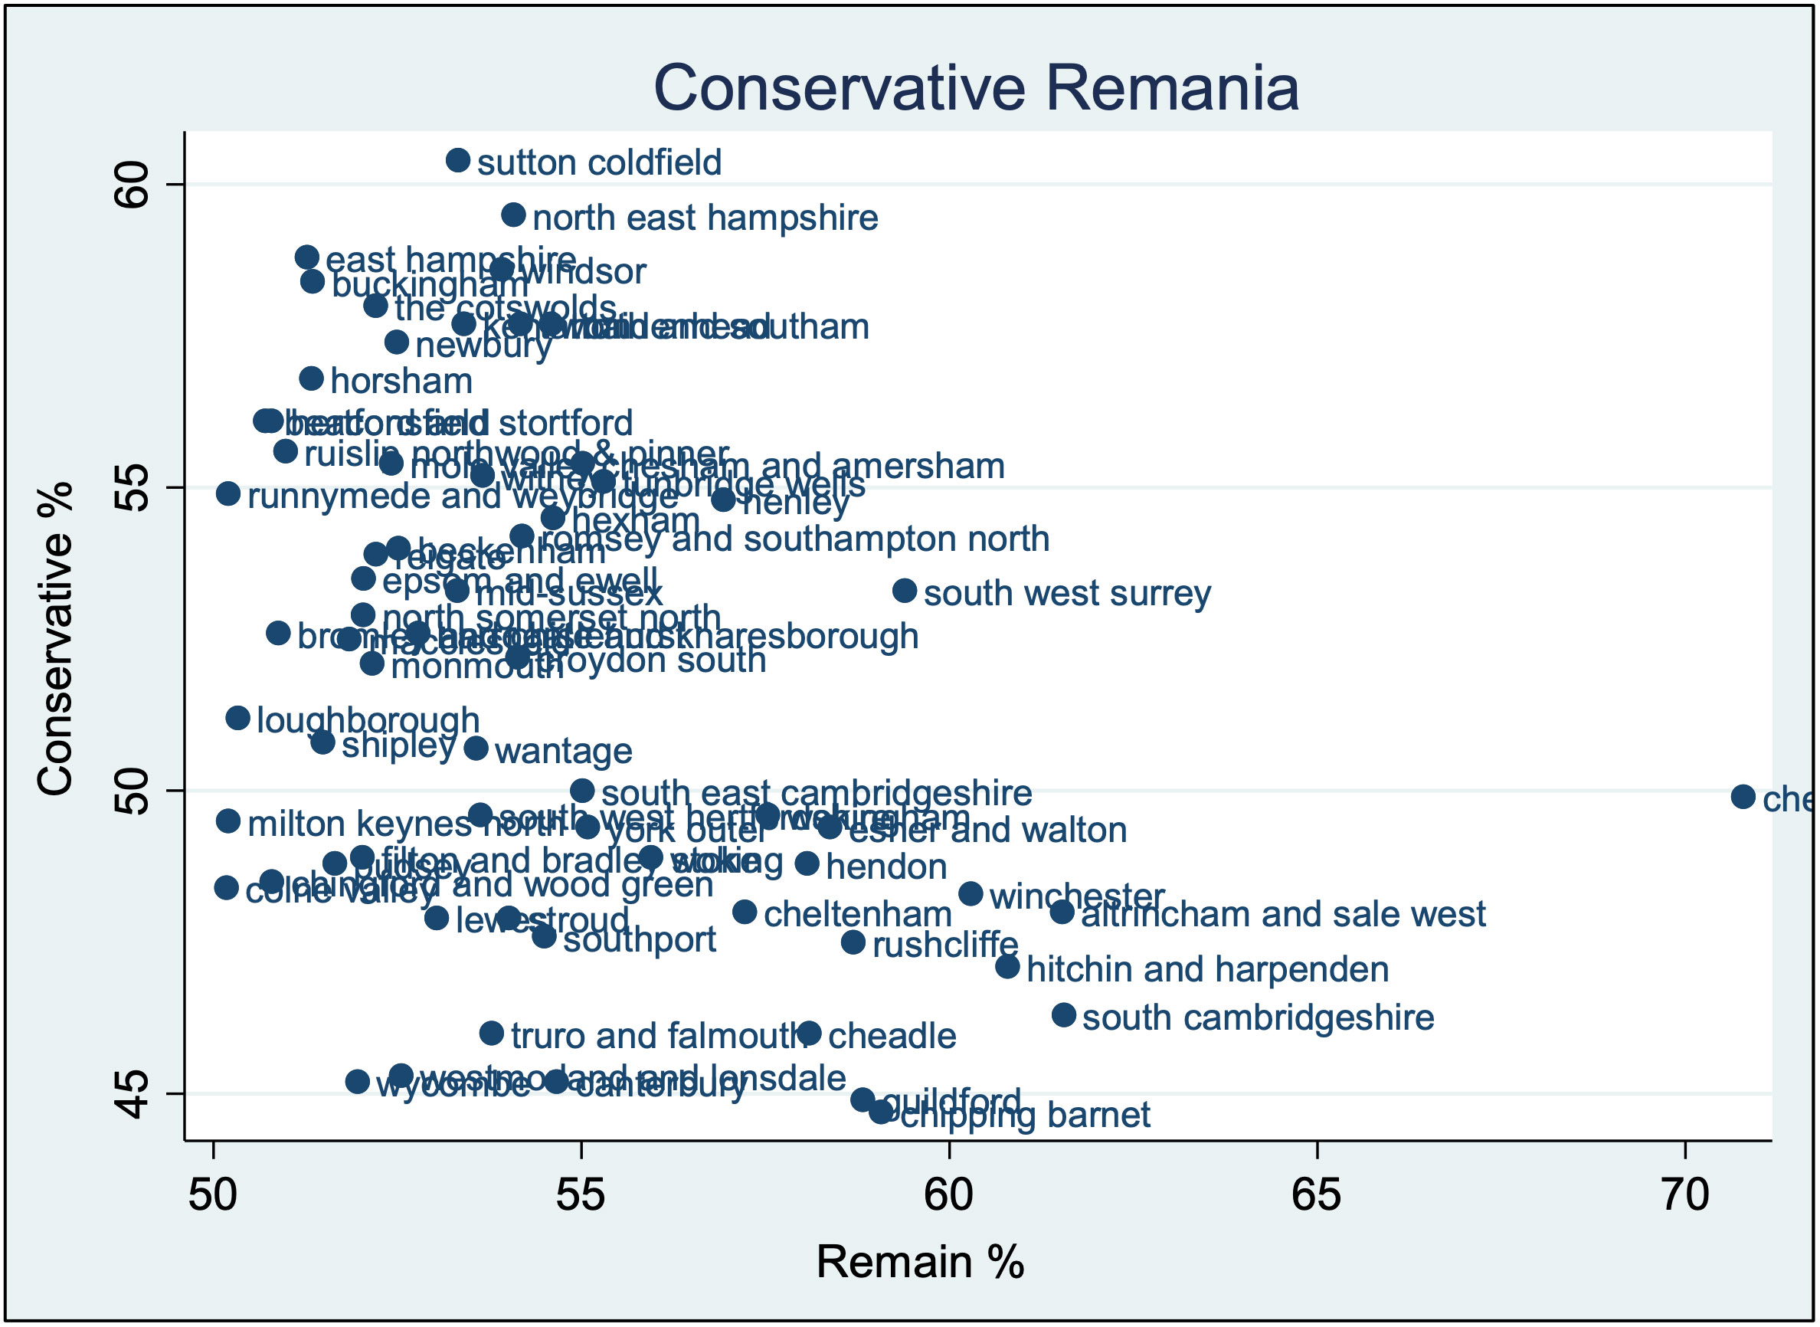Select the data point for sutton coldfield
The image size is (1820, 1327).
coord(458,160)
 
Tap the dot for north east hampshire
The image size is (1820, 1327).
coord(513,215)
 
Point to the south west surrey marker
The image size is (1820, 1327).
coord(905,591)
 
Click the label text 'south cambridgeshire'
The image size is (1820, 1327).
coord(1258,1017)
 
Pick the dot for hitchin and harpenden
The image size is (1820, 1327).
coord(1007,967)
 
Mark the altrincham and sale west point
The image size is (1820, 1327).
coord(1062,912)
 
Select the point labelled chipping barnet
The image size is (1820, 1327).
coord(880,1112)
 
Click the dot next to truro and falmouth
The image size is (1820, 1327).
coord(492,1034)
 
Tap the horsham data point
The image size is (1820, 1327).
coord(312,378)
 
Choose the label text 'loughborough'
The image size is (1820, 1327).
coord(368,720)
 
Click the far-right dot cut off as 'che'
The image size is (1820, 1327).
coord(1743,797)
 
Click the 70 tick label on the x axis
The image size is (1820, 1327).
coord(1684,1196)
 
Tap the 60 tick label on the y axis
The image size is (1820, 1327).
coord(132,185)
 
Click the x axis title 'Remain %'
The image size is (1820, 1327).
coord(920,1262)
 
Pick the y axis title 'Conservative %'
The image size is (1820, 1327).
coord(55,640)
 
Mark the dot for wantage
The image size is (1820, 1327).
coord(476,749)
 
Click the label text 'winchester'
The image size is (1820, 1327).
coord(1076,896)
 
